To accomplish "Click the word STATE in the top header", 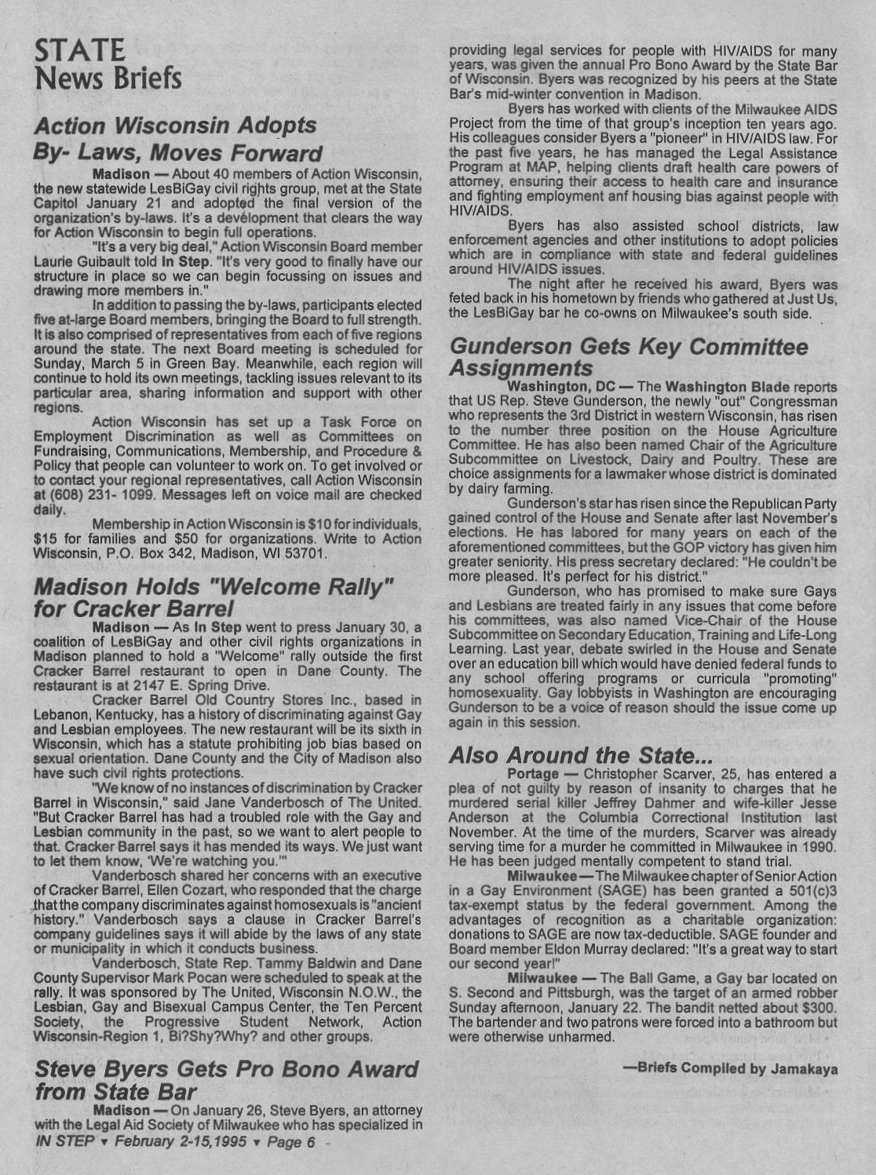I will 79,50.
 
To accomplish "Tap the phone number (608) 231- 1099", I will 99,494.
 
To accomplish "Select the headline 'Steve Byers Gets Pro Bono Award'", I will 227,1070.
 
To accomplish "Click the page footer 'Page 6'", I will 291,1142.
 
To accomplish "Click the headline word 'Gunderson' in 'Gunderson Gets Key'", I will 519,347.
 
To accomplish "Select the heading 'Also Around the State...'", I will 580,755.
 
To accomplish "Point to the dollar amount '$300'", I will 819,1007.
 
